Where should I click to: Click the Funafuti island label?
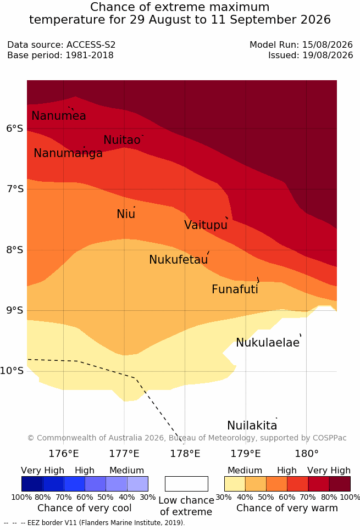(x=235, y=289)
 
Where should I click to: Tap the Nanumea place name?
(x=58, y=115)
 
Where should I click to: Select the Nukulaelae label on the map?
(x=268, y=342)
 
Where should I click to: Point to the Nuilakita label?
(x=252, y=425)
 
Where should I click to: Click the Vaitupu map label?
(x=206, y=225)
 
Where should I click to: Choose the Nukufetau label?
(x=178, y=259)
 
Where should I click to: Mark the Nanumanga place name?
(x=68, y=153)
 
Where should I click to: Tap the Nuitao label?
(x=122, y=140)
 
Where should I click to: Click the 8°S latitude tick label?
(x=15, y=250)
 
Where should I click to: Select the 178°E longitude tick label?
(x=185, y=453)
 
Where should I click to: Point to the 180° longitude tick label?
(x=307, y=453)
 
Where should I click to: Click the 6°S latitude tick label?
(x=15, y=129)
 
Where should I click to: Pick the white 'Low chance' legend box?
(x=186, y=484)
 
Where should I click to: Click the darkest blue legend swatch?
(x=32, y=484)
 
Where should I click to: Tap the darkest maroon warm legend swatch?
(x=340, y=484)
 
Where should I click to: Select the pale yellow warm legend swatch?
(x=235, y=484)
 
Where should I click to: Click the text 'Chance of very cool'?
(x=85, y=508)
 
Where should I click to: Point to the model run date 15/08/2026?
(x=328, y=44)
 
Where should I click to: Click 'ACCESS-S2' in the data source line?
(x=91, y=44)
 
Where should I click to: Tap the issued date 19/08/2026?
(x=328, y=55)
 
